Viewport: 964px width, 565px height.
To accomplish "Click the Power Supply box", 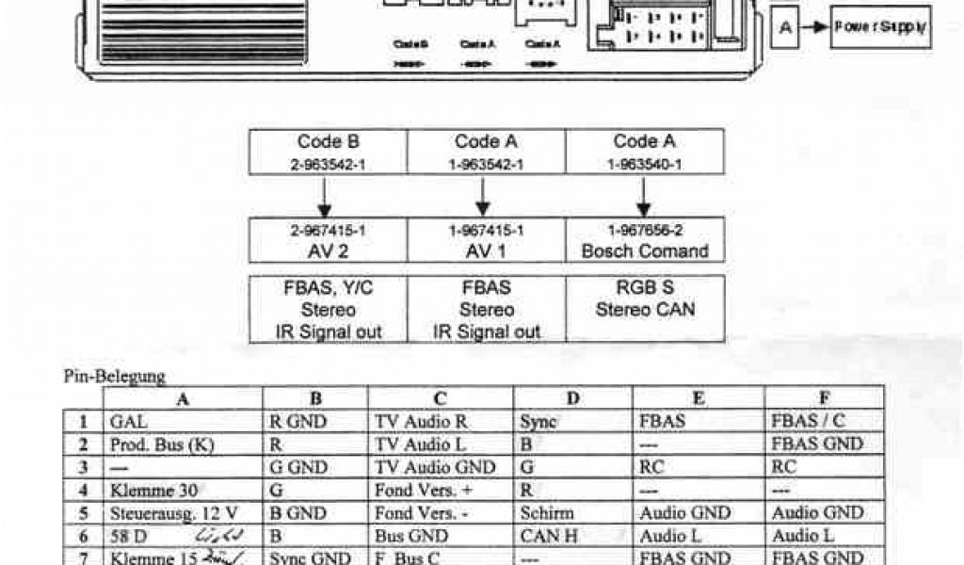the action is (x=879, y=28).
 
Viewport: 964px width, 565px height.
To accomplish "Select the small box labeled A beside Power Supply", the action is (x=785, y=29).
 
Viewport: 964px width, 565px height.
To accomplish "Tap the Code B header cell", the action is (x=328, y=142).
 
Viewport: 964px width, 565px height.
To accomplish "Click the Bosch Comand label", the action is (x=645, y=250).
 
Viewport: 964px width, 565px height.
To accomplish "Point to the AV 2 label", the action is (x=328, y=250).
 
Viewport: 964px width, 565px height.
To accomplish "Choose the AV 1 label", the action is (x=487, y=250).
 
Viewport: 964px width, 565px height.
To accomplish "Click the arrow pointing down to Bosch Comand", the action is (x=644, y=195).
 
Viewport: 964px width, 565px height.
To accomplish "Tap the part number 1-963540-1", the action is (x=645, y=164).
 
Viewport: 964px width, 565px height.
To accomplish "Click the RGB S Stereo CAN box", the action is (x=645, y=299).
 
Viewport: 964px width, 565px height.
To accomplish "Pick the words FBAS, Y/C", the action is (x=328, y=288).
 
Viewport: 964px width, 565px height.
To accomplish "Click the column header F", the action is (x=824, y=398).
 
